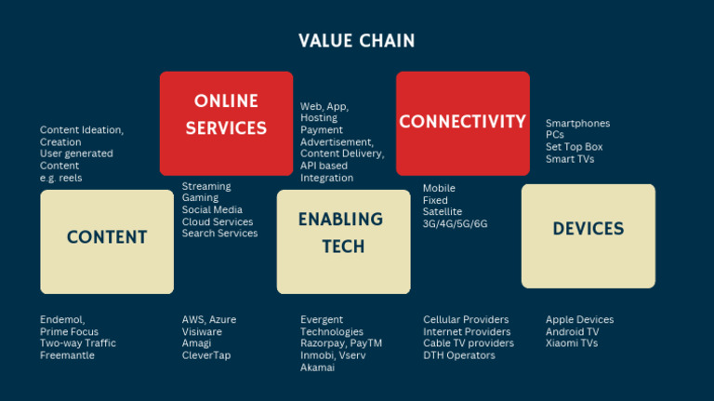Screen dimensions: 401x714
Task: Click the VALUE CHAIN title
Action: [357, 41]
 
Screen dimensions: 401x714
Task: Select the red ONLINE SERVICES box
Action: [226, 123]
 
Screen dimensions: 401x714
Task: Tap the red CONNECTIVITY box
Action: [462, 123]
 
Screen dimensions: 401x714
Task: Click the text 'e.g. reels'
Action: [61, 178]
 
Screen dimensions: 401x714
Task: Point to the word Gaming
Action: [200, 198]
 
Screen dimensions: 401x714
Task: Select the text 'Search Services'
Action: [219, 234]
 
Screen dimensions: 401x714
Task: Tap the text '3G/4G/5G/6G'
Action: [455, 224]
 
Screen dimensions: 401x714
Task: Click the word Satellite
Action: [443, 212]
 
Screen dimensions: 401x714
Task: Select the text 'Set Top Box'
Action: [574, 147]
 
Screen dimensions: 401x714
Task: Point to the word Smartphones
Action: [577, 123]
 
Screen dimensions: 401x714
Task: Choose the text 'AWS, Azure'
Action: [208, 320]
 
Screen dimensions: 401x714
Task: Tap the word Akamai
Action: [317, 368]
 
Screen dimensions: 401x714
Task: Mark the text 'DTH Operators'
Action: [460, 355]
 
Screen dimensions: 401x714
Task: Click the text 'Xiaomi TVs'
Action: [573, 343]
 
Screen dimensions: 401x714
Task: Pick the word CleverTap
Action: [205, 355]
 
